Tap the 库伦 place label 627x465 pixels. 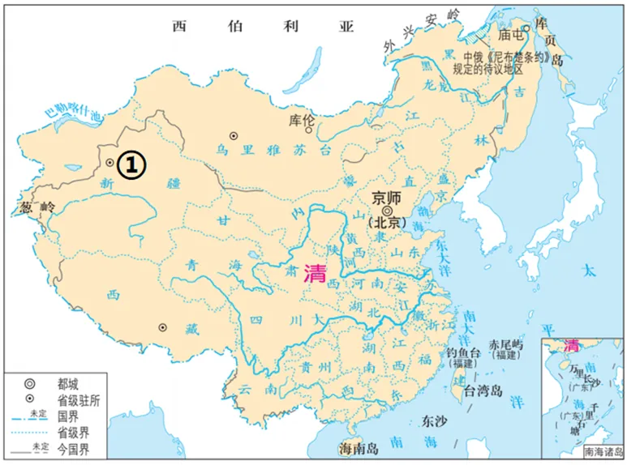[x=302, y=121]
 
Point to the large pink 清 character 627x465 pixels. [x=315, y=274]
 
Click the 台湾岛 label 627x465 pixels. [x=479, y=391]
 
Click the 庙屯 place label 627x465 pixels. [x=511, y=35]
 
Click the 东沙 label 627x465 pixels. [x=435, y=422]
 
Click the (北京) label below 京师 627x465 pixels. [x=386, y=222]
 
